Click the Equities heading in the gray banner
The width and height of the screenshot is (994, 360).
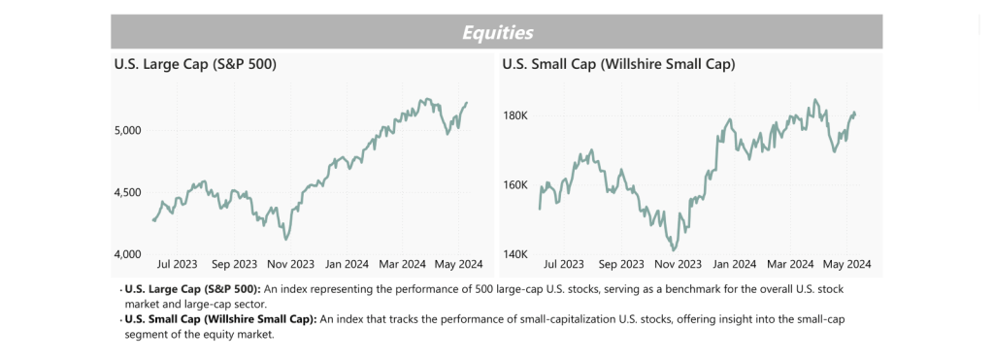coord(497,32)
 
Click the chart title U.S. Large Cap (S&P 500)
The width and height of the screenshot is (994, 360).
coord(195,65)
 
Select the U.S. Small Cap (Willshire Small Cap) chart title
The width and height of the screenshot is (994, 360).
coord(618,65)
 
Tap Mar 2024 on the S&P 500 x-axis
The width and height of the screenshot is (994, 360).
coord(404,264)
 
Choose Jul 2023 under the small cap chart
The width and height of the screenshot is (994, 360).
coord(564,264)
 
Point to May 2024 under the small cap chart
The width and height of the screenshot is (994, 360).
coord(846,264)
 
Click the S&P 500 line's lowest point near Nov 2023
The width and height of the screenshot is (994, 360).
coord(286,239)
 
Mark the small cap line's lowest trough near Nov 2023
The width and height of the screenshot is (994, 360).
coord(673,249)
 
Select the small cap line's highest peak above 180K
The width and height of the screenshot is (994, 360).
coord(814,100)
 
